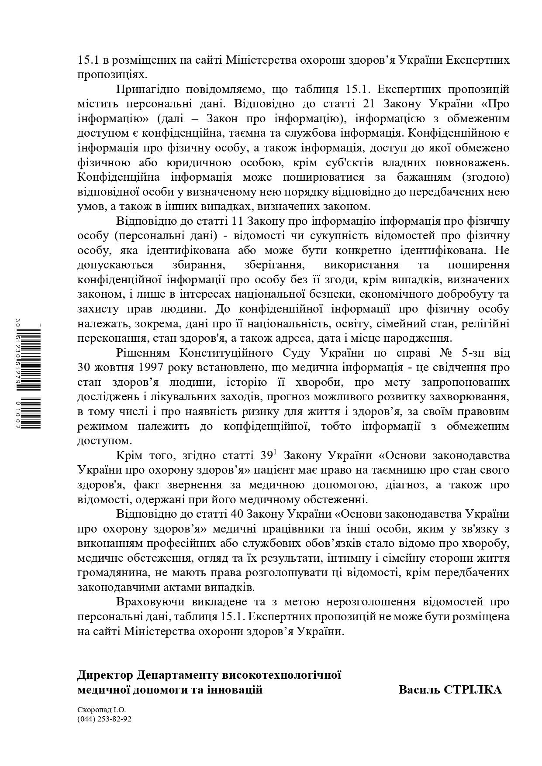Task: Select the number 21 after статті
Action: point(370,104)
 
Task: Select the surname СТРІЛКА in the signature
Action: point(473,690)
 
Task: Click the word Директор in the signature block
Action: point(105,675)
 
